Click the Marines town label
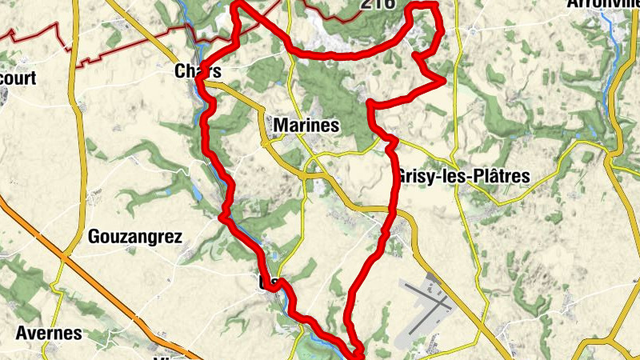306,126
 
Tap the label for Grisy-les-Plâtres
462,177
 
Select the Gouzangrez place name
135,237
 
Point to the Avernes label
49,333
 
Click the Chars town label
197,72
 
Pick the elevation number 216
377,4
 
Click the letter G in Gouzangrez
94,237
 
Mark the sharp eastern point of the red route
444,81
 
